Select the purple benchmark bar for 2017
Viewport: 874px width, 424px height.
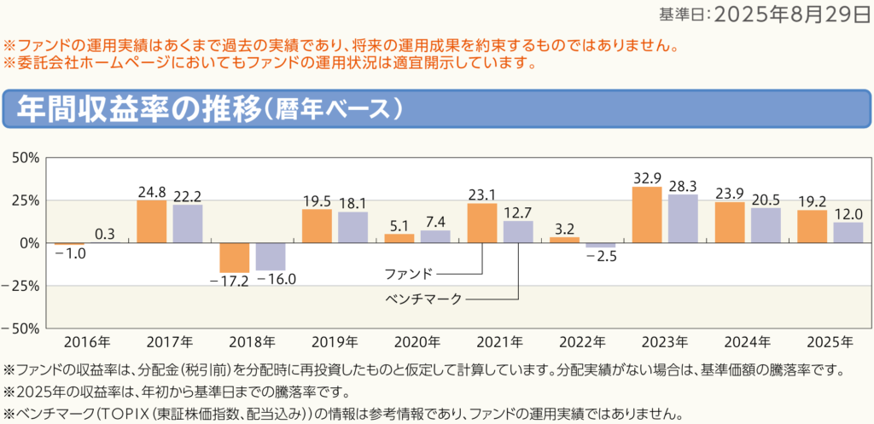pyautogui.click(x=188, y=224)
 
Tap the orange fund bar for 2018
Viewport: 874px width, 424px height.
pyautogui.click(x=234, y=258)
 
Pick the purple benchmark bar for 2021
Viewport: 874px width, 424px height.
pyautogui.click(x=518, y=232)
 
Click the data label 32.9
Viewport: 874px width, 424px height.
pyautogui.click(x=648, y=178)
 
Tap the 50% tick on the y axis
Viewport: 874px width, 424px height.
pyautogui.click(x=26, y=158)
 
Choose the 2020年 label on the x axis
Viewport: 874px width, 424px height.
pyautogui.click(x=417, y=342)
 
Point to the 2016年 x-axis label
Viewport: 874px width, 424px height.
pyautogui.click(x=86, y=342)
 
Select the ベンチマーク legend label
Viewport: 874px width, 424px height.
pyautogui.click(x=422, y=299)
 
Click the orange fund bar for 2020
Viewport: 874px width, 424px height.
pyautogui.click(x=399, y=238)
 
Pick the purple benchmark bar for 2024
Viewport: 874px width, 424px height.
pyautogui.click(x=766, y=225)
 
